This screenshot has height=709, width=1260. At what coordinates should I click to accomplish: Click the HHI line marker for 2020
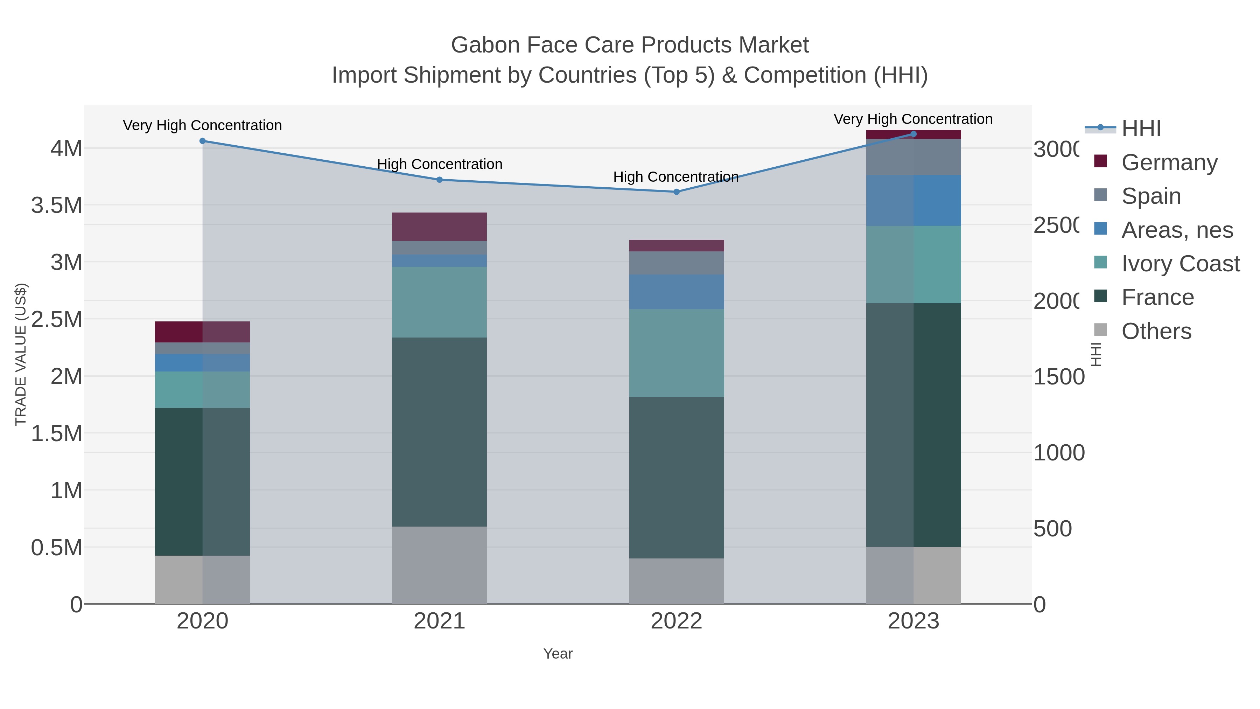click(x=203, y=141)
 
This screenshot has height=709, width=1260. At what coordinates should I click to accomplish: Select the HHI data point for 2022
click(x=677, y=192)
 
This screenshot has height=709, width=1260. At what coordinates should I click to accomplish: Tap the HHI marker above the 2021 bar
click(x=439, y=180)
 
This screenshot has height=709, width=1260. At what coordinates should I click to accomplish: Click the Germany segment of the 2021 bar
click(x=439, y=227)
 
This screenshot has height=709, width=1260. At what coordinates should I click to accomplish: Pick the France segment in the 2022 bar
click(x=677, y=477)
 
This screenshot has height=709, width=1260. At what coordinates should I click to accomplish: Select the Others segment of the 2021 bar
click(x=439, y=565)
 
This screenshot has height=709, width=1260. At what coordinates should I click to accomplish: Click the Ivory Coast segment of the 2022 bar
click(x=677, y=353)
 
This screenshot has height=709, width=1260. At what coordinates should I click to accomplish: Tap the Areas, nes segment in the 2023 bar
click(x=913, y=201)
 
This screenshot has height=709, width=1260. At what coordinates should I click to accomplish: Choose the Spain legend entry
click(x=1150, y=196)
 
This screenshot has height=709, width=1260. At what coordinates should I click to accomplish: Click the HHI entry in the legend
click(x=1141, y=129)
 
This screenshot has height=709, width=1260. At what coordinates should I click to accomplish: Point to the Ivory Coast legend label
click(x=1180, y=264)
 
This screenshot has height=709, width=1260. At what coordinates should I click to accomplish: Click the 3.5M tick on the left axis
click(x=57, y=206)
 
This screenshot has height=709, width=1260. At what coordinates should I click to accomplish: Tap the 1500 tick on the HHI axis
click(x=1058, y=377)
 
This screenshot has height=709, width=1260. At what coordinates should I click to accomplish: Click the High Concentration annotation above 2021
click(x=439, y=165)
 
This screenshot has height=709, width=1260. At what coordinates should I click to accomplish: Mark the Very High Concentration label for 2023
click(x=913, y=119)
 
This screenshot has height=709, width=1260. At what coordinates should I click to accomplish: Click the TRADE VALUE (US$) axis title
click(x=21, y=354)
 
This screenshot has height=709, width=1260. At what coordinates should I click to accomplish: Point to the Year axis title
click(x=558, y=654)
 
